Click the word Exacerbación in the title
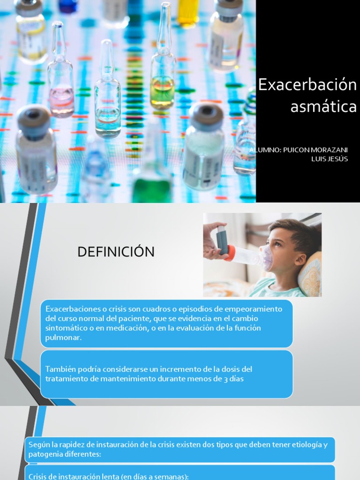tap(307, 85)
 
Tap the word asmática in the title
tap(323, 106)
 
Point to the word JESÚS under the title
tap(337, 159)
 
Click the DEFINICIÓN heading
tap(116, 252)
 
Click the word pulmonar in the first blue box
tap(63, 337)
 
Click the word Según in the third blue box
tap(38, 445)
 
